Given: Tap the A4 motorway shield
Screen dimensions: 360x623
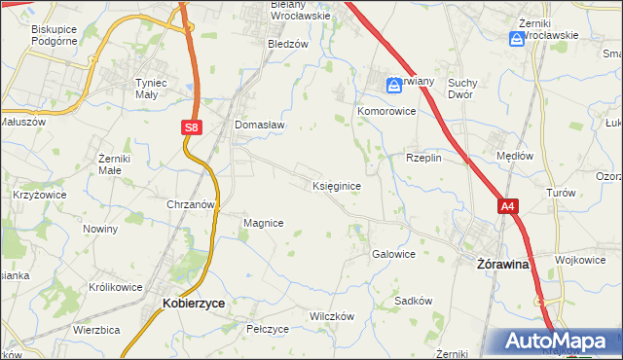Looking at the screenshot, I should [x=507, y=206].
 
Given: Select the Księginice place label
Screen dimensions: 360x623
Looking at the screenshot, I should [x=338, y=185].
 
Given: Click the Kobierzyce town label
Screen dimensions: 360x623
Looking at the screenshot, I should [x=193, y=304].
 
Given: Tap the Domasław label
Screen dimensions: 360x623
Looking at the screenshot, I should [x=258, y=125].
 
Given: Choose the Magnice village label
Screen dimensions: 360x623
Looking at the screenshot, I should [x=263, y=223].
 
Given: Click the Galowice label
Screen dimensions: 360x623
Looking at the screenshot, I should [x=393, y=254].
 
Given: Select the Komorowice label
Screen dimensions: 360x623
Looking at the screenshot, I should [x=386, y=112].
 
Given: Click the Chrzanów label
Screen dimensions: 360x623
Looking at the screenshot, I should [x=190, y=205].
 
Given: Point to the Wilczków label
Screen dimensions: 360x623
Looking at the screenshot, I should [x=331, y=317].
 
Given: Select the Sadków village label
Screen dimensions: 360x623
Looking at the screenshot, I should [x=413, y=301].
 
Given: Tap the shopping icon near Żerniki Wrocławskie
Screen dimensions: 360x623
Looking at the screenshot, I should [x=516, y=39].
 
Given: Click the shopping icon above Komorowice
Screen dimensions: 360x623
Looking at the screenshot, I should [x=394, y=86].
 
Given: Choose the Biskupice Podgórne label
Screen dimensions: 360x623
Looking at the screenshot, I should [x=54, y=35].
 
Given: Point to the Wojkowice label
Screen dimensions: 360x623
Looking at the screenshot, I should [x=580, y=260].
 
